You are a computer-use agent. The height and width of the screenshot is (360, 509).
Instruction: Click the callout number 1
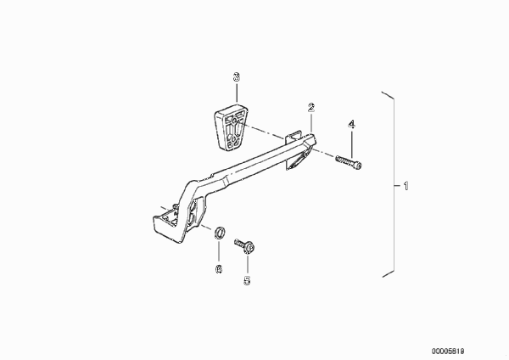[x=406, y=186]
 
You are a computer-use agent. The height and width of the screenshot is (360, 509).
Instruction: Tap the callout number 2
[x=311, y=107]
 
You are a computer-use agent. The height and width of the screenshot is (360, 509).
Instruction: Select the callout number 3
[x=237, y=77]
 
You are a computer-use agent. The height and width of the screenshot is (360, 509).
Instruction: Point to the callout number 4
[x=352, y=124]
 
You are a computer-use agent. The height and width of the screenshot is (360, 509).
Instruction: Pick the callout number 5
[x=248, y=280]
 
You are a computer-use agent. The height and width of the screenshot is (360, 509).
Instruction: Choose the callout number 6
[x=219, y=268]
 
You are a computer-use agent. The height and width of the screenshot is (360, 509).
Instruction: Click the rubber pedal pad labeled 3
[x=231, y=127]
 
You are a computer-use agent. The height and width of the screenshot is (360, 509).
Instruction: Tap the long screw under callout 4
[x=349, y=162]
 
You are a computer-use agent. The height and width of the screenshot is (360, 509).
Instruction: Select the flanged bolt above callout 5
[x=244, y=246]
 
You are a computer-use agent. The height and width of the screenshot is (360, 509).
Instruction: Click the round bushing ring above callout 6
[x=220, y=233]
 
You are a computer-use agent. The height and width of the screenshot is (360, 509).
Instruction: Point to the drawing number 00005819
[x=448, y=352]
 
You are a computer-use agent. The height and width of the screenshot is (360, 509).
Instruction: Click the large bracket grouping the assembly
[x=394, y=184]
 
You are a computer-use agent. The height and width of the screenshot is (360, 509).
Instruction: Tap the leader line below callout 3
[x=237, y=93]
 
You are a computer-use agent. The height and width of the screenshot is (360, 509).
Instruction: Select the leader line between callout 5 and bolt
[x=248, y=264]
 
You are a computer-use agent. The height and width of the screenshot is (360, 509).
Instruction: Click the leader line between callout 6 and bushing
[x=219, y=251]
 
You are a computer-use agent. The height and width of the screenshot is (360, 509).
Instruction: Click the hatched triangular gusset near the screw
[x=298, y=160]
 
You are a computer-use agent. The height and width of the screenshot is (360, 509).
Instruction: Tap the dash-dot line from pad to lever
[x=261, y=130]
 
